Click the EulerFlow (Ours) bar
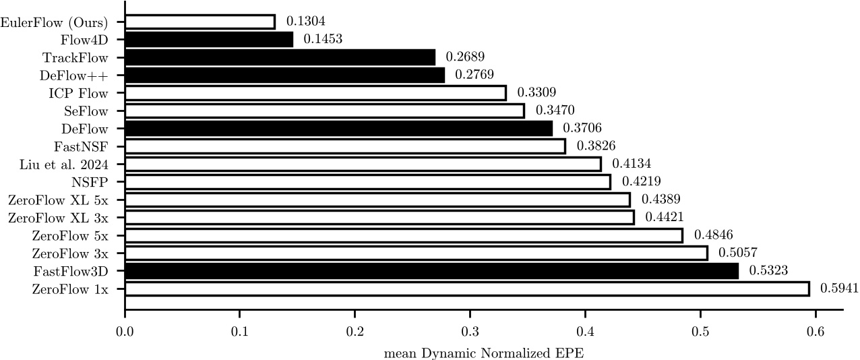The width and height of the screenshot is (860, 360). coord(200,22)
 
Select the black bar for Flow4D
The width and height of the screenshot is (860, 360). coord(209,39)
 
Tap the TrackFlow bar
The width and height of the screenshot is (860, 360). coord(280,57)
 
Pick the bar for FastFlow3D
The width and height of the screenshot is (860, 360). coord(431,271)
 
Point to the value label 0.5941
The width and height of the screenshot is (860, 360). coord(839,289)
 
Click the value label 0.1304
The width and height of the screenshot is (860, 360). coord(305,22)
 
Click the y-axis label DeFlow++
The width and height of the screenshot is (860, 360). coord(83,75)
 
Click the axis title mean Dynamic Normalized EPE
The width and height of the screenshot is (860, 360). coord(483,353)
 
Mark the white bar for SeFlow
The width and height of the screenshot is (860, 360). coord(324,111)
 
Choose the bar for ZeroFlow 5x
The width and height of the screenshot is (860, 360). coord(404,235)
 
